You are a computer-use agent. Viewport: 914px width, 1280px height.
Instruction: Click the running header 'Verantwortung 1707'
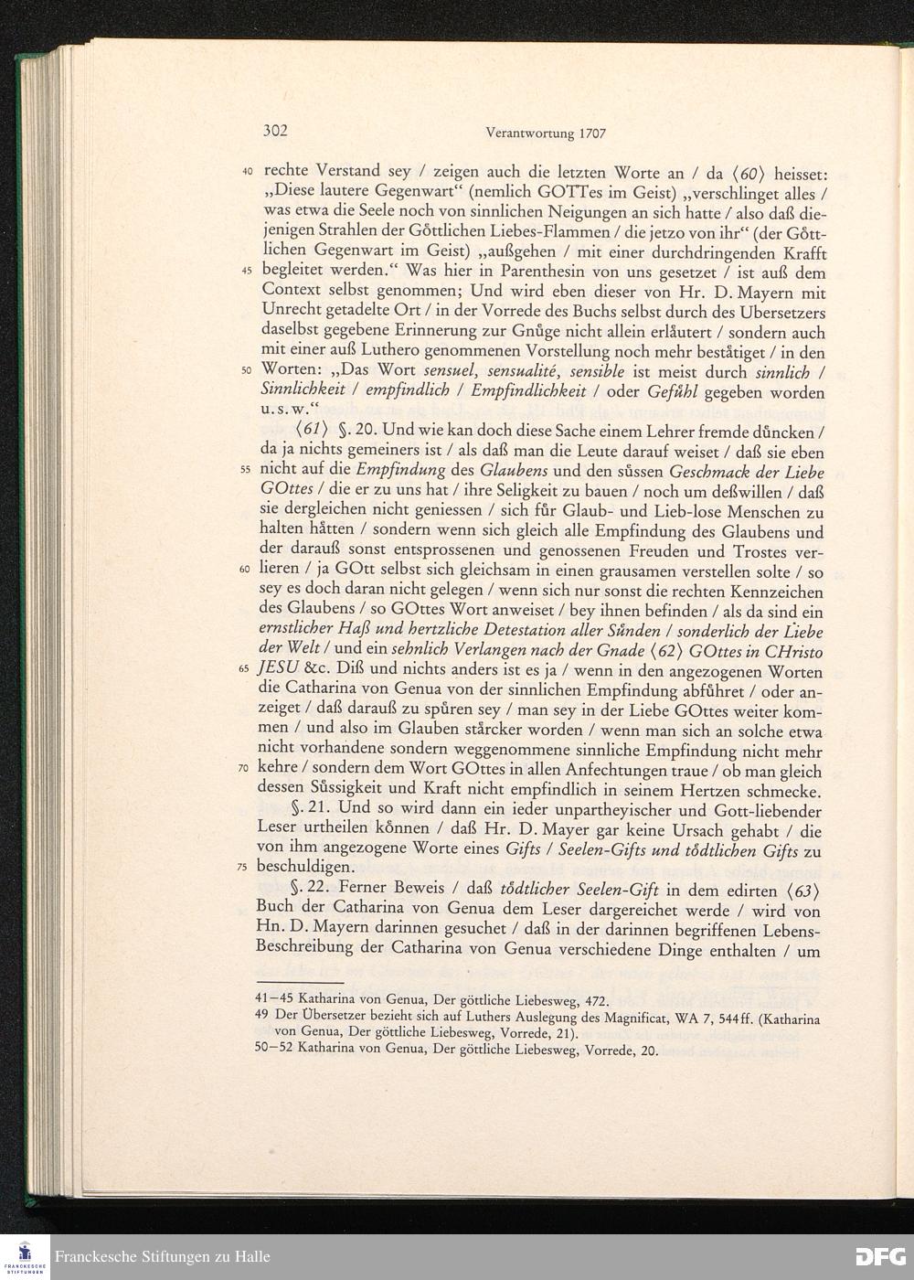[x=535, y=133]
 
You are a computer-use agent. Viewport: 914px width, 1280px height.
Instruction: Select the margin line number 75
[x=246, y=867]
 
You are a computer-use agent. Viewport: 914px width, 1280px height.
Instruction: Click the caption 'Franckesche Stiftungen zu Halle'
[x=162, y=1257]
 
